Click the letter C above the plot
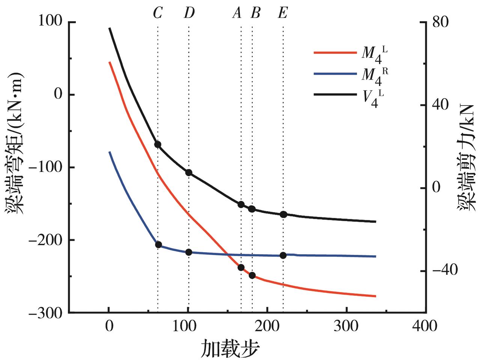pyautogui.click(x=158, y=14)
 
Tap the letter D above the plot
pyautogui.click(x=189, y=14)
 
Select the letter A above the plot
pyautogui.click(x=237, y=14)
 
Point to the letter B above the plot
pyautogui.click(x=255, y=14)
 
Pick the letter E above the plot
pyautogui.click(x=283, y=14)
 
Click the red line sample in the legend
pyautogui.click(x=335, y=53)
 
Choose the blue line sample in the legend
pyautogui.click(x=335, y=74)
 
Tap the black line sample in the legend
pyautogui.click(x=335, y=95)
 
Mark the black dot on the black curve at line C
pyautogui.click(x=158, y=145)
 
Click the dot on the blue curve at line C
pyautogui.click(x=158, y=245)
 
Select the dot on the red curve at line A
pyautogui.click(x=241, y=268)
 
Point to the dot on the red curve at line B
pyautogui.click(x=252, y=275)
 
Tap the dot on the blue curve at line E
pyautogui.click(x=283, y=256)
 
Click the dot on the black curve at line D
pyautogui.click(x=189, y=173)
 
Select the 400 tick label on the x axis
pyautogui.click(x=426, y=326)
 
